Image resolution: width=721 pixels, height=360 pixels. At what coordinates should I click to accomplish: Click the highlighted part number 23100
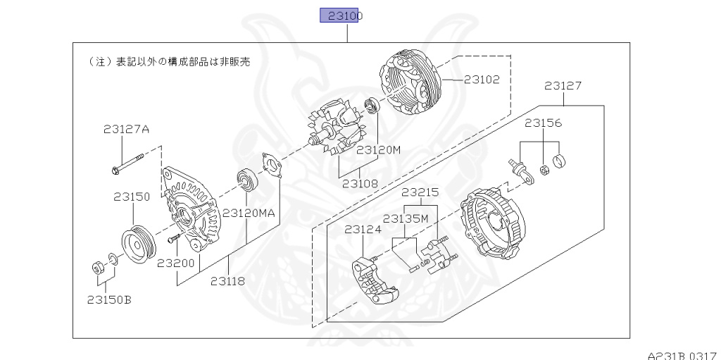point(339,15)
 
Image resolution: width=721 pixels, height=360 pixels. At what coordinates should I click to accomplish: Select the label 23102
point(482,80)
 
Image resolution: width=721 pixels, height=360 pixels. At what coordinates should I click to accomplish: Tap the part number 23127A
point(126,129)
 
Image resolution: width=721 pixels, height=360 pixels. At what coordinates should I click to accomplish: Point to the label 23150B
point(109,299)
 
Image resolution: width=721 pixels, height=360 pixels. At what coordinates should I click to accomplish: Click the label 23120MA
point(249,212)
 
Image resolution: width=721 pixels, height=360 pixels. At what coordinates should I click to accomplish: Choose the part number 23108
point(360,184)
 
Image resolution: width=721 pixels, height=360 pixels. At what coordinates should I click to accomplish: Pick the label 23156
point(543,123)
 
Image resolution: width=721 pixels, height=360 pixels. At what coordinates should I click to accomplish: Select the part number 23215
point(420,192)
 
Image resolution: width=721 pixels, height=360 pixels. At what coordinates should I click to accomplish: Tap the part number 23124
point(363,229)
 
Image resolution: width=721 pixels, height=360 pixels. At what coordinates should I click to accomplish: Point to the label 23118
point(227,280)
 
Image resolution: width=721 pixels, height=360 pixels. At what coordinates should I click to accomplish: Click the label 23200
point(175,263)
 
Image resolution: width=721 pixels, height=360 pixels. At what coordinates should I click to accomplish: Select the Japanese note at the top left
point(170,61)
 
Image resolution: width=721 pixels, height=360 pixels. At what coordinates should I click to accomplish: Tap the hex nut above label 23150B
point(98,268)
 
